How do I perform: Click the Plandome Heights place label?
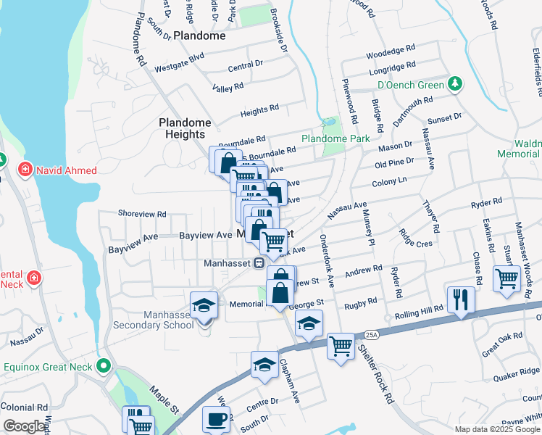click(x=185, y=128)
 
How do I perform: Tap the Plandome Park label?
click(x=335, y=138)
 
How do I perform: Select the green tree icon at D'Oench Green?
click(x=455, y=85)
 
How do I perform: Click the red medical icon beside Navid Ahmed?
click(x=25, y=170)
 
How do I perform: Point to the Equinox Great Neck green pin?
click(x=105, y=367)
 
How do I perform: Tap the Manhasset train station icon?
click(x=258, y=264)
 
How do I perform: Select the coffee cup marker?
click(x=215, y=419)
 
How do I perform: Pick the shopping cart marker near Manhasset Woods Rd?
click(x=506, y=278)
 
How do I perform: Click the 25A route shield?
click(x=372, y=335)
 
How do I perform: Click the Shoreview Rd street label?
click(x=142, y=215)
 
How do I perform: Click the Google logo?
click(x=24, y=426)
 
